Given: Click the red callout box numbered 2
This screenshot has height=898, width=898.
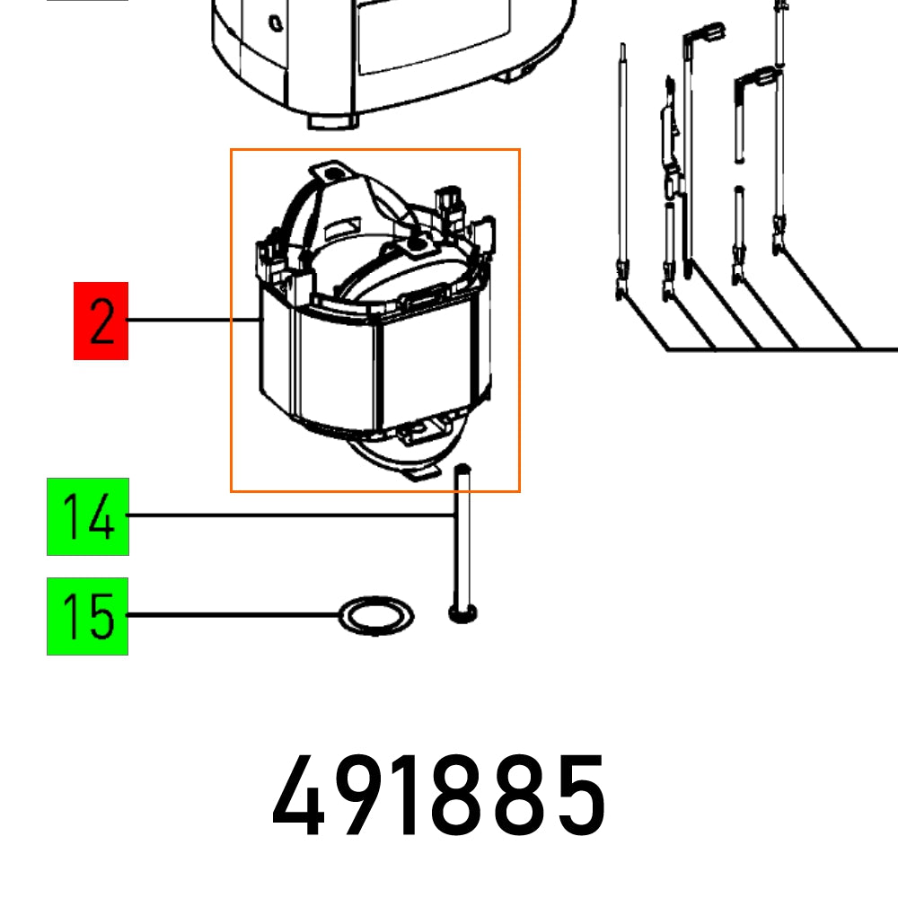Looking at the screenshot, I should pyautogui.click(x=101, y=321).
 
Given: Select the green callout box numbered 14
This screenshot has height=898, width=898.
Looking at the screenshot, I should pyautogui.click(x=88, y=516).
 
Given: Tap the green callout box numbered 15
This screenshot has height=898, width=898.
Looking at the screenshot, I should pyautogui.click(x=88, y=616).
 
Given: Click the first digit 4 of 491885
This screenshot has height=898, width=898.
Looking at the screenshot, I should pyautogui.click(x=299, y=796).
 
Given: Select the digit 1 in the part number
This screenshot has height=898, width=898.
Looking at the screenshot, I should pyautogui.click(x=401, y=796).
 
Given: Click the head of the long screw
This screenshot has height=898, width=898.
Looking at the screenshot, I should pyautogui.click(x=462, y=615).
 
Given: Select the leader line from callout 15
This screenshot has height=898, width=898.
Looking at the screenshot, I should pyautogui.click(x=233, y=615).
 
